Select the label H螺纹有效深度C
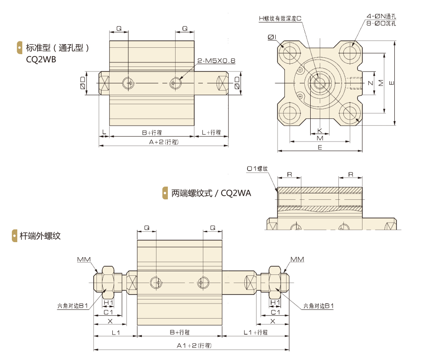(281, 18)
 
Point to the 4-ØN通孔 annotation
(381, 16)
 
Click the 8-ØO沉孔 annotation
(381, 23)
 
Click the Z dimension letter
(370, 83)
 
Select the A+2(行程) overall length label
(164, 142)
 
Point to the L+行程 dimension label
(211, 132)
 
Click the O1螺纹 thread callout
(257, 169)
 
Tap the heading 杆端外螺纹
(40, 236)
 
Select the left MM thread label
(84, 259)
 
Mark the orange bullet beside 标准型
(20, 47)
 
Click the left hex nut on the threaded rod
(108, 279)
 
